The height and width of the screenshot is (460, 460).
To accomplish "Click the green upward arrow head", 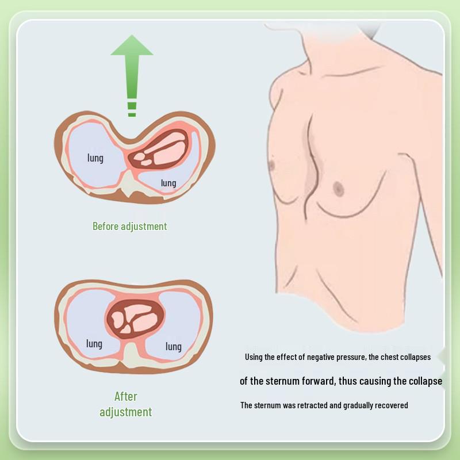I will click(x=132, y=47).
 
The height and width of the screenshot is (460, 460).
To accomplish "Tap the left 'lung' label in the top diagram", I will click(x=95, y=157).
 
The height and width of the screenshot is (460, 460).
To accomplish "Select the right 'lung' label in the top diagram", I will click(x=168, y=183).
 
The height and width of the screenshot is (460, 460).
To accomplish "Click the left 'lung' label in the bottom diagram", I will click(x=94, y=343).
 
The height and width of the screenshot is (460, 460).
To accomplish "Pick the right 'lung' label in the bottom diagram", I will click(x=174, y=346).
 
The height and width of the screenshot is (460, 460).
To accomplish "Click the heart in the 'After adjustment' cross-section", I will click(x=135, y=319).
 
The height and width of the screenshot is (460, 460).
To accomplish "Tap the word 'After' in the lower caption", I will click(x=126, y=396).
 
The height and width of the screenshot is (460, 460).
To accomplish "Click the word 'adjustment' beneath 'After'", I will click(x=126, y=412).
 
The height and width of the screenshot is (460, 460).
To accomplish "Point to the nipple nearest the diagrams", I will click(x=273, y=166).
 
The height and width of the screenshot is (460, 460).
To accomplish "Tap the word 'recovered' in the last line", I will click(x=391, y=405).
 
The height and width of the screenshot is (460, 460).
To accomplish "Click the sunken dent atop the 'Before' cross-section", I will click(x=132, y=133).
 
